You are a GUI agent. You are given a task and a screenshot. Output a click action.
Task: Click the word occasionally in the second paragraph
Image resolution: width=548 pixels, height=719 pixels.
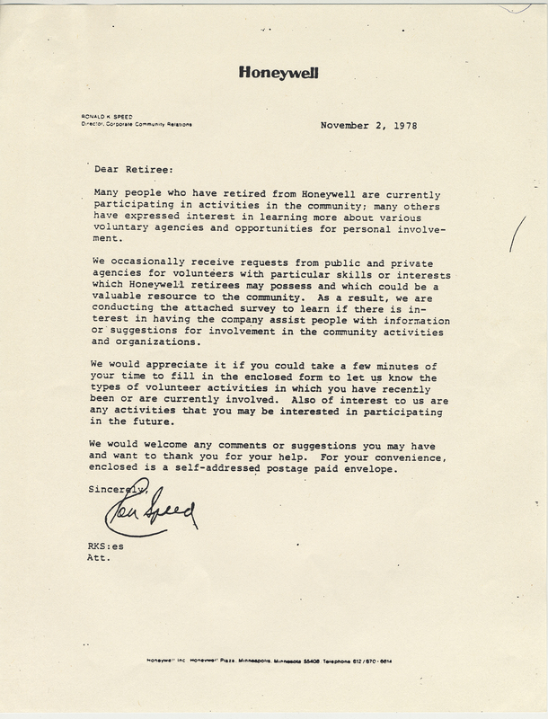pos(159,261)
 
